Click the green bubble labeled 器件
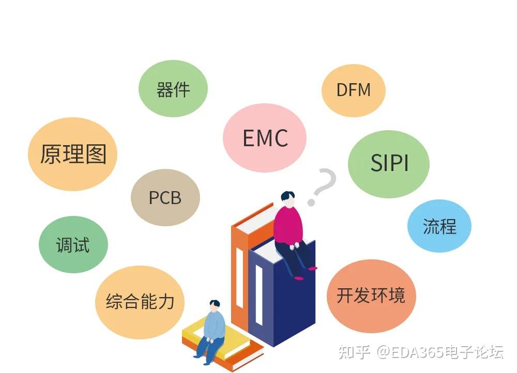click(173, 88)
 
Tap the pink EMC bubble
click(265, 138)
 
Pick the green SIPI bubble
click(389, 163)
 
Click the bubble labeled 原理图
click(72, 154)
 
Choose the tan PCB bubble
click(165, 197)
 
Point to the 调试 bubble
click(73, 244)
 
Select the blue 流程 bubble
click(439, 226)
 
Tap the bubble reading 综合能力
click(140, 302)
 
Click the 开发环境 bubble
click(371, 296)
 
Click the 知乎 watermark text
click(354, 353)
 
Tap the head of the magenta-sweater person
click(287, 198)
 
